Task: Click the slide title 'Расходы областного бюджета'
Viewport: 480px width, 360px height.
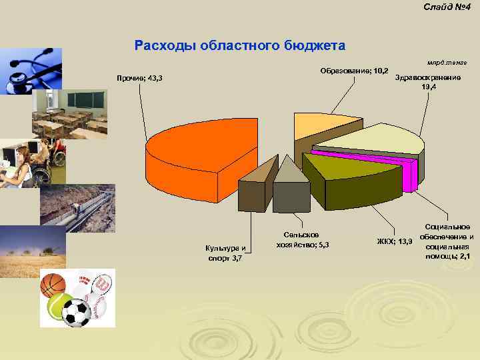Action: pos(240,46)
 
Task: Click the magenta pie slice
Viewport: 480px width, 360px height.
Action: pos(373,156)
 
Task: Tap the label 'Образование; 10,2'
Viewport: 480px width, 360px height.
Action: pos(354,71)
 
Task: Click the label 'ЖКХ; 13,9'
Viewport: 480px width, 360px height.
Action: pos(395,241)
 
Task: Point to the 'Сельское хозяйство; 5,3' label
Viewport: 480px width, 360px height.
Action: pos(302,240)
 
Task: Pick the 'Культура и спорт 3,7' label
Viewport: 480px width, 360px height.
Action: pos(225,253)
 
